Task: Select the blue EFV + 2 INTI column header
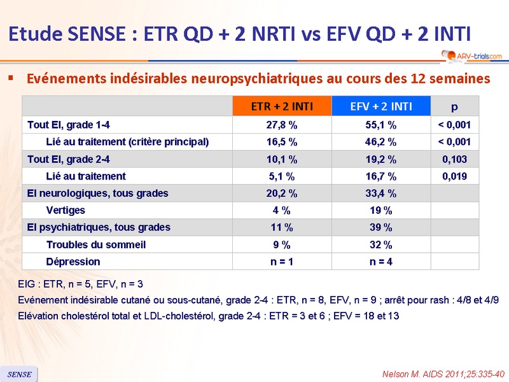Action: click(381, 106)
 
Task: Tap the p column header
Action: click(455, 106)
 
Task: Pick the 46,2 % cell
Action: click(381, 142)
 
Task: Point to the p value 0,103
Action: click(455, 159)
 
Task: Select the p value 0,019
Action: click(455, 176)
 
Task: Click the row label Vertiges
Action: click(66, 210)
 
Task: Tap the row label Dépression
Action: click(73, 262)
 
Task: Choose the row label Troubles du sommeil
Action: click(96, 244)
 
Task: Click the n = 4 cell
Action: click(381, 262)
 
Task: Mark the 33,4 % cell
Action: click(381, 193)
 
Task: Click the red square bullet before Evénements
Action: click(10, 78)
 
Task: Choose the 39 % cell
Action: click(381, 227)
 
